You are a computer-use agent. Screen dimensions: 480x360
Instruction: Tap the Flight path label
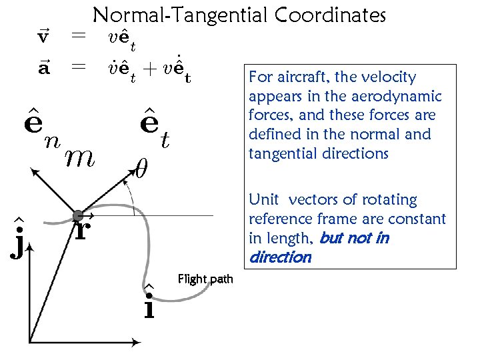[205, 278]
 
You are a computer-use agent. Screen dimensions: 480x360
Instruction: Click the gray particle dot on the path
[78, 215]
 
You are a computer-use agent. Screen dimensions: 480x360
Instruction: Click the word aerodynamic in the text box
[402, 97]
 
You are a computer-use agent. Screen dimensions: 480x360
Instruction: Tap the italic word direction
[280, 257]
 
